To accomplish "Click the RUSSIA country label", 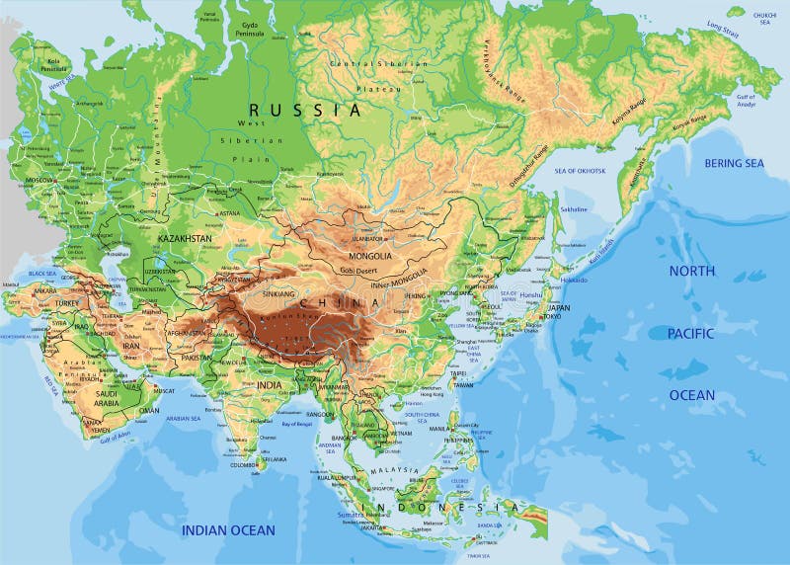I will pyautogui.click(x=304, y=111).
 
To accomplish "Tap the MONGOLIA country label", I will pyautogui.click(x=370, y=257).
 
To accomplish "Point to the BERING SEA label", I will pyautogui.click(x=733, y=164).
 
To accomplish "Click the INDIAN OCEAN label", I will pyautogui.click(x=227, y=530).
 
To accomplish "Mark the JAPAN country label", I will pyautogui.click(x=559, y=307).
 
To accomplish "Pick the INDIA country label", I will pyautogui.click(x=269, y=384).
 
